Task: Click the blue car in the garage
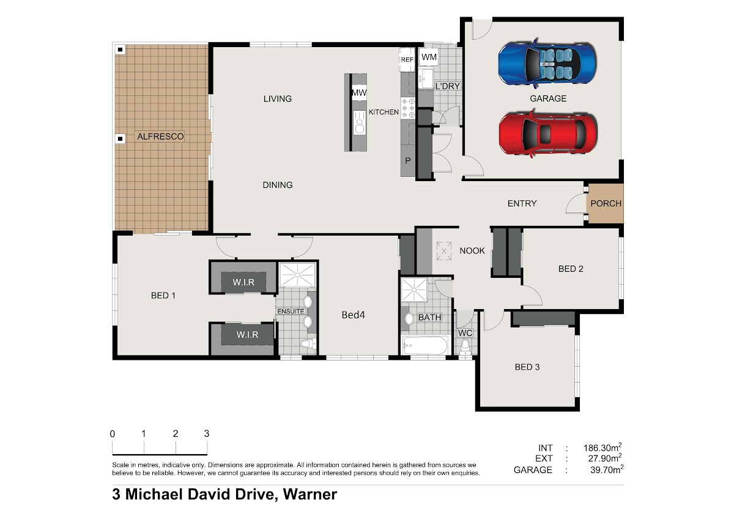[547, 63]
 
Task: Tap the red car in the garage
[548, 134]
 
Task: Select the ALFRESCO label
[160, 136]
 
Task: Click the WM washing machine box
[429, 57]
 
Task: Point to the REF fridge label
[407, 59]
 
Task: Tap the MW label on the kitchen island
[359, 92]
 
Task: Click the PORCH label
[606, 203]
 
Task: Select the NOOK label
[472, 251]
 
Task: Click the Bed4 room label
[354, 315]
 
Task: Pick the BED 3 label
[527, 367]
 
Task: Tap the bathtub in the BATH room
[425, 345]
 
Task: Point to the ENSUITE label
[291, 311]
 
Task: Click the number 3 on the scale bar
[207, 433]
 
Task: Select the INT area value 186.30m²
[602, 447]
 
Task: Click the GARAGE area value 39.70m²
[607, 469]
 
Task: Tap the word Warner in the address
[310, 494]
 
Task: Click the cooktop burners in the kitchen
[408, 108]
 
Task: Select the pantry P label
[407, 160]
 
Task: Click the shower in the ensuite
[297, 274]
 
